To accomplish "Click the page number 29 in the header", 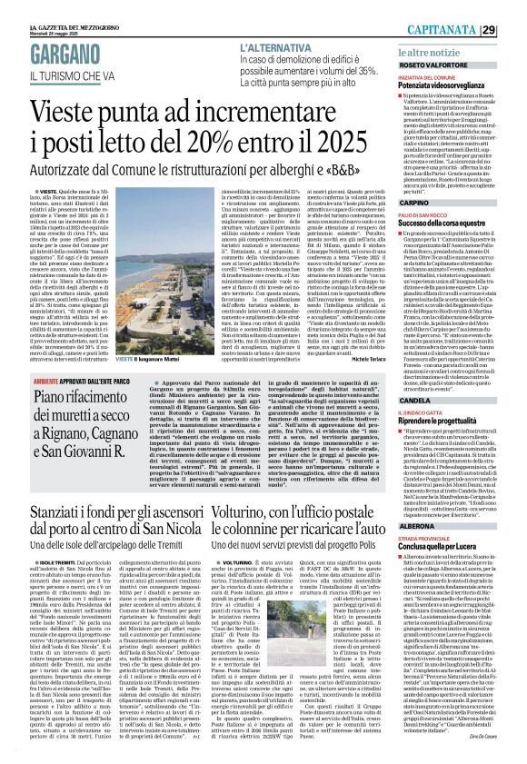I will pos(514,7).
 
